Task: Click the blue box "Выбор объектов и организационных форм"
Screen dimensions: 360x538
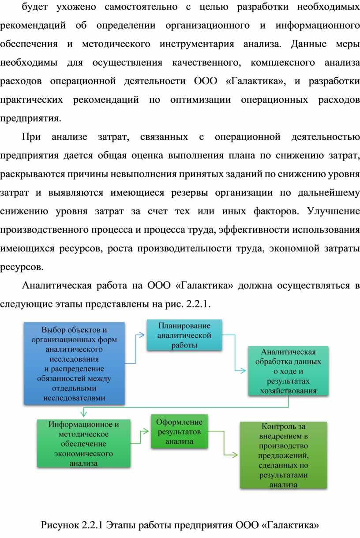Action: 74,363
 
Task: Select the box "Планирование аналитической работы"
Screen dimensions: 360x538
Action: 184,335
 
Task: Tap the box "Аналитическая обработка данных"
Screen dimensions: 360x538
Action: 288,371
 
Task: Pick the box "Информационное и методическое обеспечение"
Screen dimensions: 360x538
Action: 84,443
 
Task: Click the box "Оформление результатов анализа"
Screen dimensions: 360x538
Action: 179,431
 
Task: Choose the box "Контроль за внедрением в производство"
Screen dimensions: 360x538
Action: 284,455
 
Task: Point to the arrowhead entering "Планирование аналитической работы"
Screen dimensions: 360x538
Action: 142,335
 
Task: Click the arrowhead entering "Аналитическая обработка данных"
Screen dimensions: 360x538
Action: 243,371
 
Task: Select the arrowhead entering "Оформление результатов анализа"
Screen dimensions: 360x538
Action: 146,431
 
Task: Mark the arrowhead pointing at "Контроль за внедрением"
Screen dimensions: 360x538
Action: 235,455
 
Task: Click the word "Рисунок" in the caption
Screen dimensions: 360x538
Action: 60,525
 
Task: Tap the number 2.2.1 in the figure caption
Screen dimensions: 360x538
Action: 93,525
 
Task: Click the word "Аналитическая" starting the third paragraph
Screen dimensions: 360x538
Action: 57,286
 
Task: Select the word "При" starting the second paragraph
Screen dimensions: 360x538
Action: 31,137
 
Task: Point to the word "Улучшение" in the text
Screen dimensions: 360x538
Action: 334,211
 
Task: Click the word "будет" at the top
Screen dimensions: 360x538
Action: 34,7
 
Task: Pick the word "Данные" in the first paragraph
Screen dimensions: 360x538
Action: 308,44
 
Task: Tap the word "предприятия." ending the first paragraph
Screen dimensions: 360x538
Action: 30,119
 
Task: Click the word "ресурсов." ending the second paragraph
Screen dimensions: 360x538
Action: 22,267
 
